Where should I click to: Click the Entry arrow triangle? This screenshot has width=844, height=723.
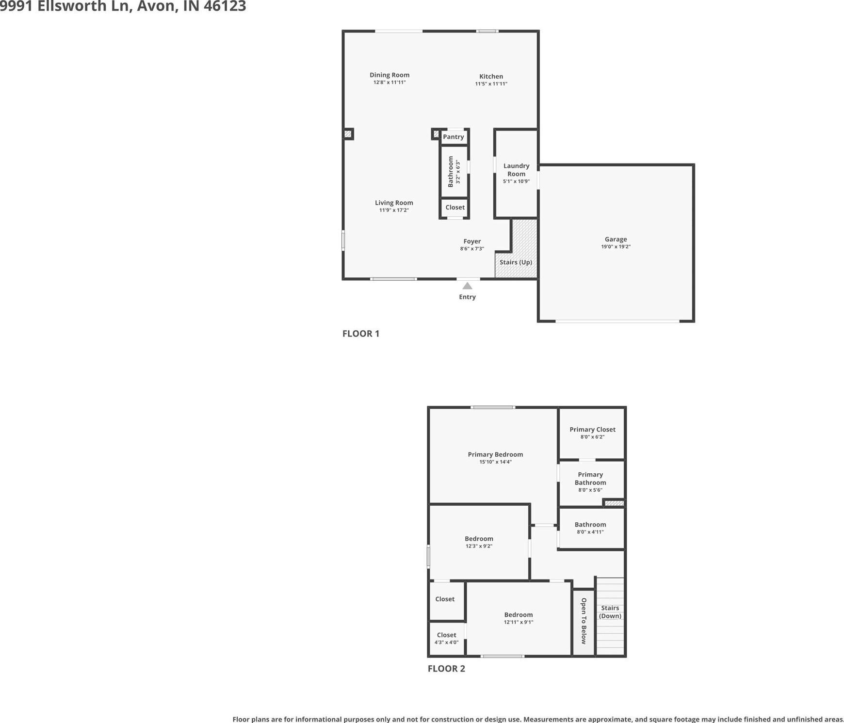pos(467,286)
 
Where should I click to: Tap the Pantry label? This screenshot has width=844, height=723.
pos(454,137)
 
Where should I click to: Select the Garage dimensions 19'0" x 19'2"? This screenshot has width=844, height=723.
pos(616,247)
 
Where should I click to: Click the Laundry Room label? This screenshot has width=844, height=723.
pos(516,170)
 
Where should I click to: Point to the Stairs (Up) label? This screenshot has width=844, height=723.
pos(516,262)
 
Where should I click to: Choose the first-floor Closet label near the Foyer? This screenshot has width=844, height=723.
pos(455,208)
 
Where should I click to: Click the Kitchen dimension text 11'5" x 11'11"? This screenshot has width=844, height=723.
pos(491,84)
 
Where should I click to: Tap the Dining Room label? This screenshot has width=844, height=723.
pos(390,75)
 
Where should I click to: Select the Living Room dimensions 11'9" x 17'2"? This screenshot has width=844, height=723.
pos(394,210)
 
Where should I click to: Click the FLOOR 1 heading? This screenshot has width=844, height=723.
pos(361,334)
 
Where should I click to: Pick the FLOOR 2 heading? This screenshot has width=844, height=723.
pos(446,669)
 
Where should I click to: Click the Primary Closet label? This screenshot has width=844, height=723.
pos(592,430)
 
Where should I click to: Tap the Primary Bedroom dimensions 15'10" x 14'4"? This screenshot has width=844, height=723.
pos(495,462)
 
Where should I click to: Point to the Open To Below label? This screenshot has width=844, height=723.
pos(584,621)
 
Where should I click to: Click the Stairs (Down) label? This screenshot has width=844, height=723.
pos(610,612)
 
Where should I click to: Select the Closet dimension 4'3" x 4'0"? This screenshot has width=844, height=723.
pos(446,643)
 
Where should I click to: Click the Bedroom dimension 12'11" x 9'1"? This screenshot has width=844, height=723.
pos(519,622)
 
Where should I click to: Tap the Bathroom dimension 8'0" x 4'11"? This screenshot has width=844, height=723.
pos(590,532)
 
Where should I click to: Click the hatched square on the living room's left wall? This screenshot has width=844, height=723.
pos(348,134)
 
